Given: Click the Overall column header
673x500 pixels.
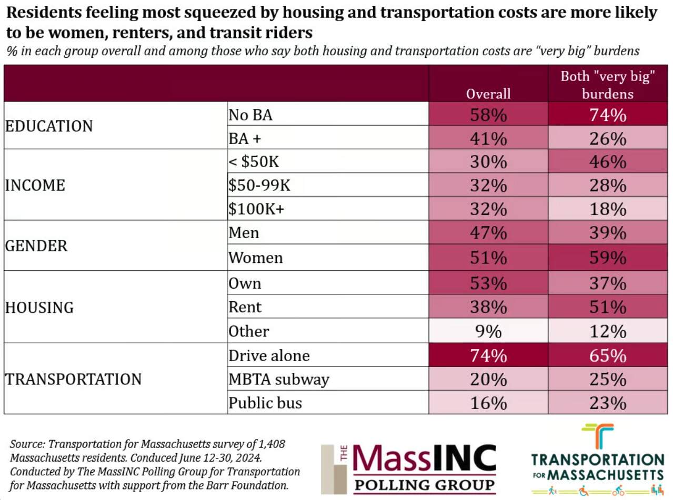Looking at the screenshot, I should pos(488,94).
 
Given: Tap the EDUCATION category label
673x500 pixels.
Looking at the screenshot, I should pos(49,126).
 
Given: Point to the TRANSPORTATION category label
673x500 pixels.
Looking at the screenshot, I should pos(73,379).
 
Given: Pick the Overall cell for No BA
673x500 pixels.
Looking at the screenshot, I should pos(488,114).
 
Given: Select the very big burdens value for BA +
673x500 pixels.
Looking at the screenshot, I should pos(608,138).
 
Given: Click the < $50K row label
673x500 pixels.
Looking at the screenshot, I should pos(254,162).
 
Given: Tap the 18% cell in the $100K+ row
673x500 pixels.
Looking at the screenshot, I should pos(608,209).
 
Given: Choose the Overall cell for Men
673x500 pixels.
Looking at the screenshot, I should pos(488,232).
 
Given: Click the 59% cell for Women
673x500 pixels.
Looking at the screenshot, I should pos(608,258).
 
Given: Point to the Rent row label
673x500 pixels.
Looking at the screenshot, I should pos(245,307).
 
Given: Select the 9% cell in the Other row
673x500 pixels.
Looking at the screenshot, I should pos(488,332).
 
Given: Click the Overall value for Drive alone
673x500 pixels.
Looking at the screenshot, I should pos(488,355).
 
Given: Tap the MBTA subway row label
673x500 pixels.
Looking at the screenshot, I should pos(278,379).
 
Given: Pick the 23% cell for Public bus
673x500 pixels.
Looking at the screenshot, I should pos(608,403).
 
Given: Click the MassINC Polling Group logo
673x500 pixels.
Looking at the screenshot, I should pos(409,468).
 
